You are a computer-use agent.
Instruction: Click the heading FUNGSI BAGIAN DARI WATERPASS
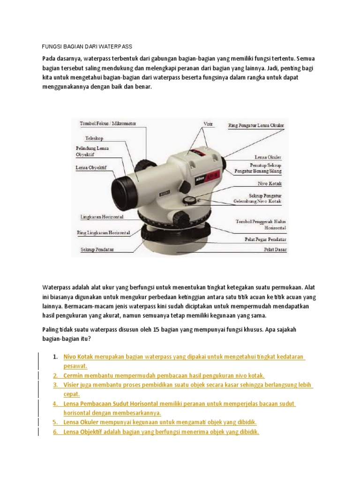[87, 46]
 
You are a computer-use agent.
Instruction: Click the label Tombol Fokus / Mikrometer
[108, 123]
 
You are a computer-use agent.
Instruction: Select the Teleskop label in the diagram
[94, 138]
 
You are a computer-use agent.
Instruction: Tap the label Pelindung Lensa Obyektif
[92, 151]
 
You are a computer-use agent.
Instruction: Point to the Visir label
[208, 124]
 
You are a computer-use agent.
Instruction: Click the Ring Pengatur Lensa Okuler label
[255, 126]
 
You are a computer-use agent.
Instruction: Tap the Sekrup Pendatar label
[97, 249]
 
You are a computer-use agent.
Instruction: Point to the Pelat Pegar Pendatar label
[265, 239]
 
